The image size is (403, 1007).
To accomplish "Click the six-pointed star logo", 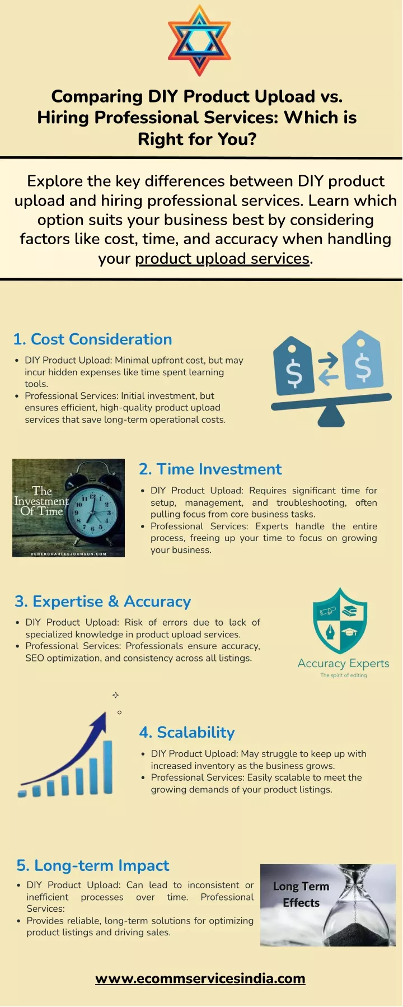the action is coord(199,40).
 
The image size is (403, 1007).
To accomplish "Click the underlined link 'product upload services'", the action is coord(222,258).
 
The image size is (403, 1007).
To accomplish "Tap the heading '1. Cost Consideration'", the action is coord(92,339).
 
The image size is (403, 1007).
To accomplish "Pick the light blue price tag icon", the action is coord(362,361).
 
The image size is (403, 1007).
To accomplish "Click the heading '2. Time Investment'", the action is coord(210,469).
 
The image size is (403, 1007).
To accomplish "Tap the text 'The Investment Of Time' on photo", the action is coord(42,501).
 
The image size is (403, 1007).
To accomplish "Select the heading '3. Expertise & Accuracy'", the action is coord(102,602).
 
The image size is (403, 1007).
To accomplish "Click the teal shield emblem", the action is coord(340,621).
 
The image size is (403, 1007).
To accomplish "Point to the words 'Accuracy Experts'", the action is coord(343,664).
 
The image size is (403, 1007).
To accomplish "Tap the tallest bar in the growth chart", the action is coord(107,767).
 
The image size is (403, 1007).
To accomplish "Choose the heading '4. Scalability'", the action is coord(187,733).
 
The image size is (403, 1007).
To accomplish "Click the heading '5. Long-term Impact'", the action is coord(92,865).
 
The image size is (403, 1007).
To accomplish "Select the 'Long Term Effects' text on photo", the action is coord(301,894).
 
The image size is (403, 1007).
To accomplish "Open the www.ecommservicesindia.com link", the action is coord(200,978).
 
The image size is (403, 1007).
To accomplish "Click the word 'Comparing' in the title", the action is coord(97,97).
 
